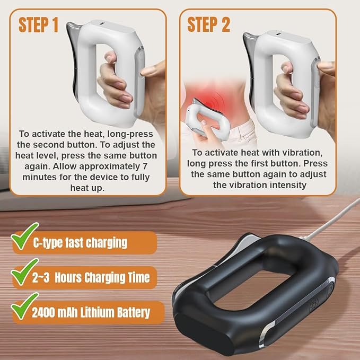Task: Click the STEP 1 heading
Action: pos(38,24)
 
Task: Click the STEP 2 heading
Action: pos(208,24)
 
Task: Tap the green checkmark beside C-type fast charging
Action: pos(24,236)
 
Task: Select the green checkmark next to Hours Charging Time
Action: pos(24,271)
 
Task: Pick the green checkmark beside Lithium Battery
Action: pos(24,306)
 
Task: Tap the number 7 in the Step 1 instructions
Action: pos(145,166)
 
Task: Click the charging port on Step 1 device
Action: pos(101,24)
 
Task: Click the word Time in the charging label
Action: pos(141,278)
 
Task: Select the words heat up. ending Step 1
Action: pos(87,188)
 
